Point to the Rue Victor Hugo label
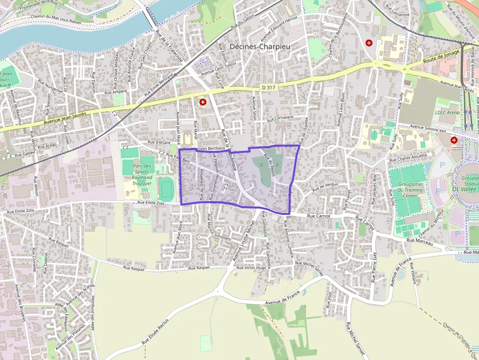coord(251,268)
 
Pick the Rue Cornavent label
coord(280,118)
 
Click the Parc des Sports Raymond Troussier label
coord(142,174)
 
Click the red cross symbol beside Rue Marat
coord(202,102)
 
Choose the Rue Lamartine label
coord(397,11)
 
